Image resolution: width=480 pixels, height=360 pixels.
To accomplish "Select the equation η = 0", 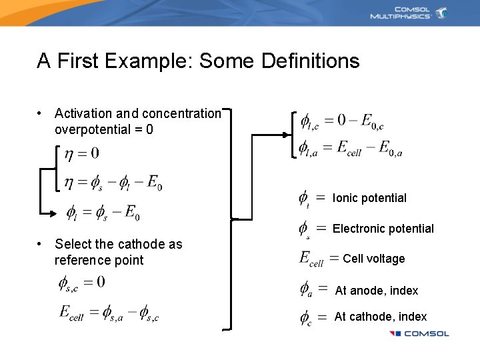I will (82, 154).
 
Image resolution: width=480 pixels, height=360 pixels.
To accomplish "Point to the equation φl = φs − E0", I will (103, 213).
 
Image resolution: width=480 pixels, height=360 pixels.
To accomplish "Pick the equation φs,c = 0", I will (81, 283).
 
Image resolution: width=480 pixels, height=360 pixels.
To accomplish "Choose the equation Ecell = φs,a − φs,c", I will (109, 313).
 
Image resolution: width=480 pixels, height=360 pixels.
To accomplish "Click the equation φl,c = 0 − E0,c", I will (342, 121).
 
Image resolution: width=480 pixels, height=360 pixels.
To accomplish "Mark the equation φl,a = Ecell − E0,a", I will (351, 148).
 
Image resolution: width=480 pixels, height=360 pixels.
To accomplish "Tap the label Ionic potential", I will (369, 198).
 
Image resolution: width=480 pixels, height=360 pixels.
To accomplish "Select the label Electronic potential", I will (383, 229).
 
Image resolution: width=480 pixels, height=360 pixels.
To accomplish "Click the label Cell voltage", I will (373, 259).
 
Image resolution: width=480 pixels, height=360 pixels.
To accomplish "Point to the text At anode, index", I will (377, 291).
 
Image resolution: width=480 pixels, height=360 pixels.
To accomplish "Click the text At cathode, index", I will (381, 317).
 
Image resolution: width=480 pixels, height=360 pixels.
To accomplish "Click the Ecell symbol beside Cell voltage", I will (311, 259).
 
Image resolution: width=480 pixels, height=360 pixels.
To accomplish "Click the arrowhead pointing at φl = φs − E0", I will (55, 213).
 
